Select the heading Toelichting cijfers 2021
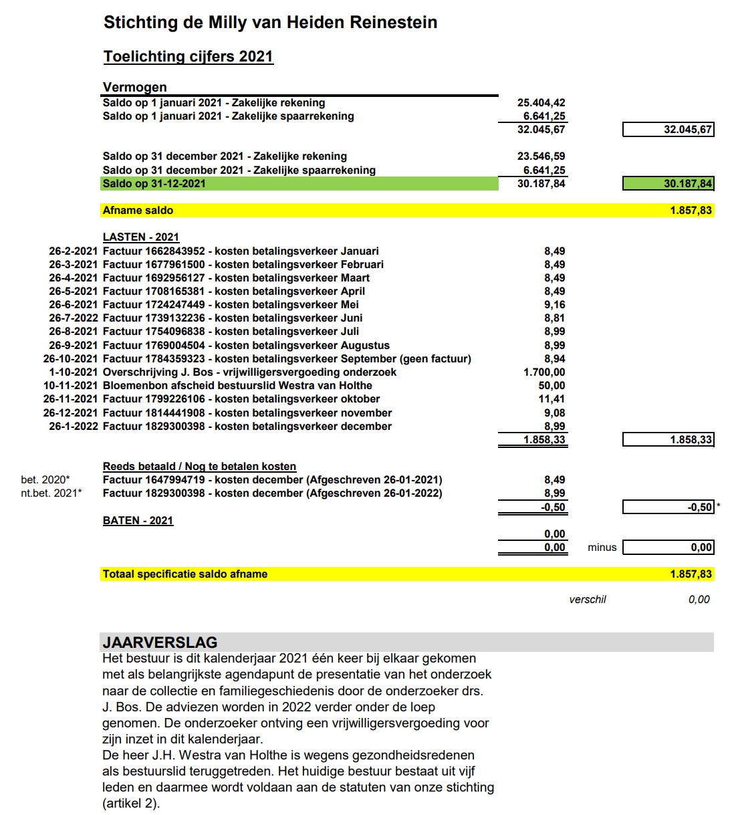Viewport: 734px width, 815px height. [188, 57]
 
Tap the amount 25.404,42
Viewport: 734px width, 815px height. [541, 103]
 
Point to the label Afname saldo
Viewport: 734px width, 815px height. [138, 211]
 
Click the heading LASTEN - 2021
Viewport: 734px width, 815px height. [141, 237]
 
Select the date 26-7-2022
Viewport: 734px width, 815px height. [74, 318]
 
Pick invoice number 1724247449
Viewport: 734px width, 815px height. [174, 305]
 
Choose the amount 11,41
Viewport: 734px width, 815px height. [552, 399]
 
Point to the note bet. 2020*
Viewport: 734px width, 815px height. [45, 480]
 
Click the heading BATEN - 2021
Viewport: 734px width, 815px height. [138, 521]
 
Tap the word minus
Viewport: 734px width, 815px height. [602, 548]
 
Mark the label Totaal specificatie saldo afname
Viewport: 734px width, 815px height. [185, 574]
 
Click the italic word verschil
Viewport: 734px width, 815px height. [587, 600]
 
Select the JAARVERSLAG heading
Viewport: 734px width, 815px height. [160, 643]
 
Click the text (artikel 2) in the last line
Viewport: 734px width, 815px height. [130, 804]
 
